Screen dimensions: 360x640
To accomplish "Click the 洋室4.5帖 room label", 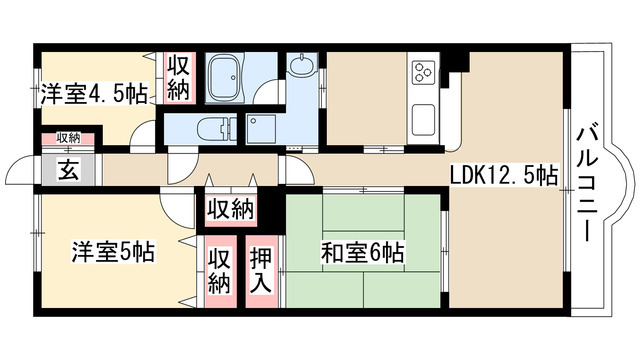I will coord(95,95).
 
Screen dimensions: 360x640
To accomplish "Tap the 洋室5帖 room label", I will coord(112,252).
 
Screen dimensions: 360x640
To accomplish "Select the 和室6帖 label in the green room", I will coord(362,252).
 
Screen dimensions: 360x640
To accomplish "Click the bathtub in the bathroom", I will coord(231,77).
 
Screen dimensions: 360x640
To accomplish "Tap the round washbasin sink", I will coord(302,66).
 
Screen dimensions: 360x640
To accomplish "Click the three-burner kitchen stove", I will coord(424,73).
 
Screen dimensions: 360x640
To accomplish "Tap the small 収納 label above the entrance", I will coord(68,138).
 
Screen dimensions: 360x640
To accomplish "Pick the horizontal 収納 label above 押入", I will coord(229,210).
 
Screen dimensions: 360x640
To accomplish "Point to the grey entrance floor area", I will coord(67,169).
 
